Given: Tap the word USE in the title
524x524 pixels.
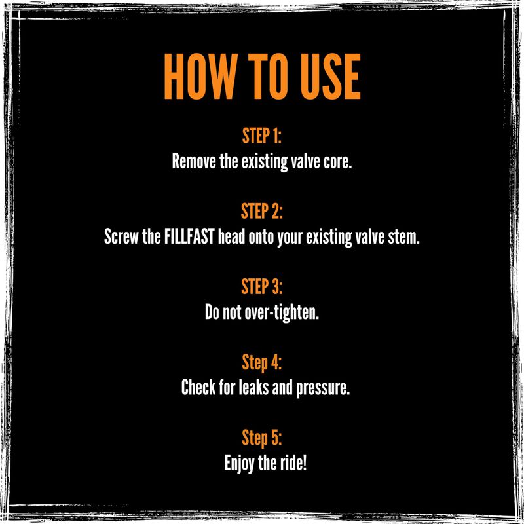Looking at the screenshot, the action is pyautogui.click(x=331, y=77).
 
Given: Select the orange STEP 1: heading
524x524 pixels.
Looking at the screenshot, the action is pyautogui.click(x=261, y=136).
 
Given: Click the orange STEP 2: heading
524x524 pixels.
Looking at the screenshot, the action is pyautogui.click(x=261, y=211).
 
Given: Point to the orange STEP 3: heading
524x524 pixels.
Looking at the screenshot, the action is pyautogui.click(x=261, y=287).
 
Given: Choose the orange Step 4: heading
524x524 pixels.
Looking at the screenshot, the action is pyautogui.click(x=261, y=363).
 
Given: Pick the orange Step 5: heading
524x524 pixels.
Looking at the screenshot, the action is pyautogui.click(x=261, y=438).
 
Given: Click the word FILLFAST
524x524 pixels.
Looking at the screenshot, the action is pyautogui.click(x=189, y=237).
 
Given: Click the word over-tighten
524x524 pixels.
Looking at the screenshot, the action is pyautogui.click(x=282, y=313).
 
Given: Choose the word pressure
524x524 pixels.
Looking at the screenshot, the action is pyautogui.click(x=323, y=389).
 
